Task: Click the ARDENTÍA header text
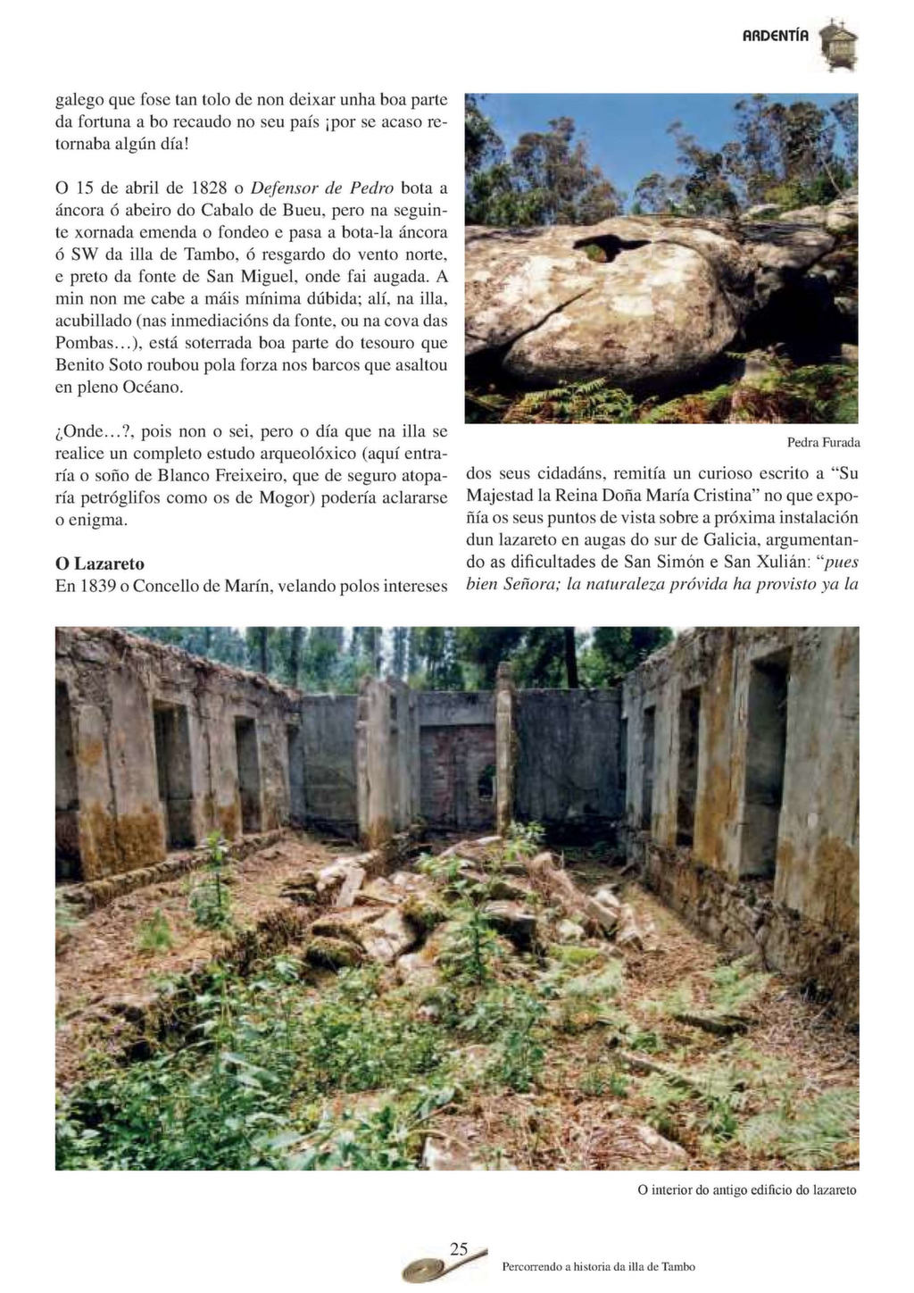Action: tap(776, 37)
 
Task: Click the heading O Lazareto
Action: tap(100, 564)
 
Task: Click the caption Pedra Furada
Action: tap(823, 442)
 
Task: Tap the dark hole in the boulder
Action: tap(612, 246)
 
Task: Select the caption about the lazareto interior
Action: tap(747, 1189)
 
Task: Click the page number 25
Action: tap(459, 1248)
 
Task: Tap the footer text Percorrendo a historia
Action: tap(598, 1266)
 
